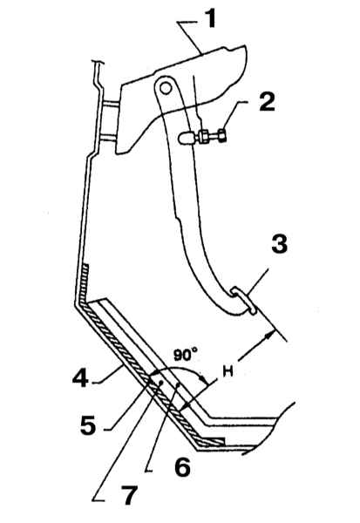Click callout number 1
210,19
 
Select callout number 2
267,102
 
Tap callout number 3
279,244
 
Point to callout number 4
80,377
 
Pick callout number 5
88,425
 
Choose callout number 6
182,467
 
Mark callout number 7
128,495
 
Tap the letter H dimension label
228,371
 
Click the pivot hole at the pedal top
165,88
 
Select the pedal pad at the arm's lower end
244,301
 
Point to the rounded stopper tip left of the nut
186,138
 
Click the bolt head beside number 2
222,136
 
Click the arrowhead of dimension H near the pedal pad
270,334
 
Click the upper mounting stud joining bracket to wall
110,105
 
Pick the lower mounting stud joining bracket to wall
108,137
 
